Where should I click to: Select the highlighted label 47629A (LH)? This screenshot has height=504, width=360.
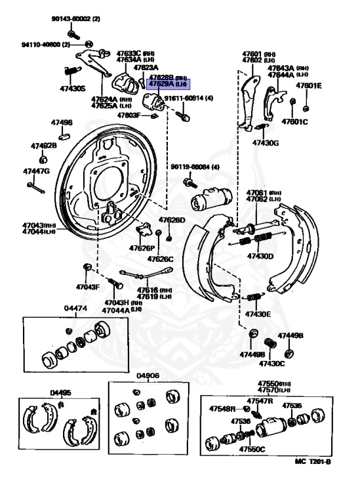point(168,85)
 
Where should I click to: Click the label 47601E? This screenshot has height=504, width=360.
point(308,85)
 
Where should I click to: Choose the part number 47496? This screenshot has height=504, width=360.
point(62,123)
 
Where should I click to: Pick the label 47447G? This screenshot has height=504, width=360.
point(36,171)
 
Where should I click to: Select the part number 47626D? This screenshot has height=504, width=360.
point(172,220)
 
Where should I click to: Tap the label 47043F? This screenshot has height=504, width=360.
point(87,287)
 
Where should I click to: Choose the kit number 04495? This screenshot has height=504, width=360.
point(62,393)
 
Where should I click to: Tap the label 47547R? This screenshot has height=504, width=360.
point(260,400)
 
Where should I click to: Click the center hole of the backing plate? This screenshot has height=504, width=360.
point(112,180)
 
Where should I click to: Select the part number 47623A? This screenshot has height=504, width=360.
point(146,68)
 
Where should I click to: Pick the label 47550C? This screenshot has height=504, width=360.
point(251,450)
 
